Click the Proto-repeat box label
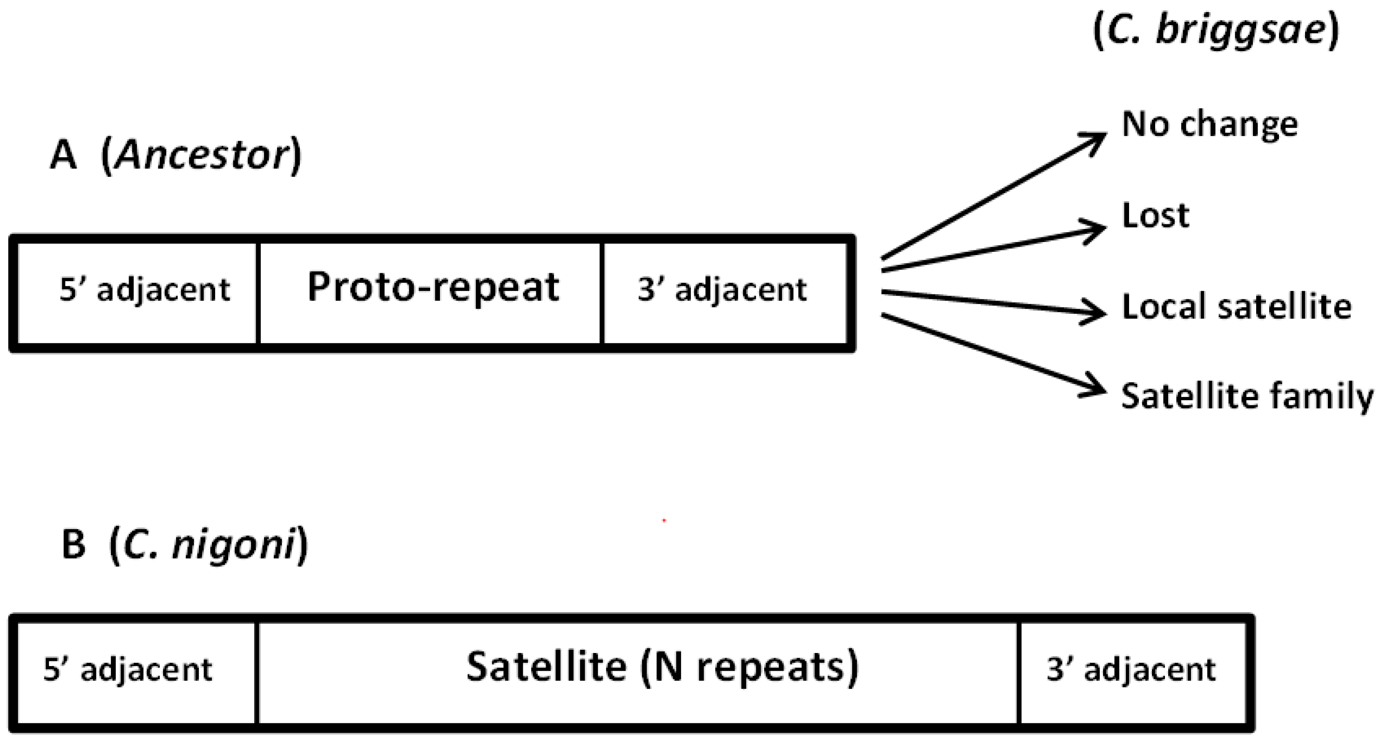point(433,288)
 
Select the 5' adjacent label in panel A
point(144,290)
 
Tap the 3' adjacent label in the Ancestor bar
point(722,290)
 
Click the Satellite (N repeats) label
point(662,667)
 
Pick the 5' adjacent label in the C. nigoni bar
point(128,669)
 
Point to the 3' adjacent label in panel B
point(1131,669)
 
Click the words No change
point(1210,124)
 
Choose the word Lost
point(1155,215)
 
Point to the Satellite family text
point(1247,396)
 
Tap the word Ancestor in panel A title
point(202,156)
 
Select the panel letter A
point(63,156)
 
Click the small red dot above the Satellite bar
point(664,520)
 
